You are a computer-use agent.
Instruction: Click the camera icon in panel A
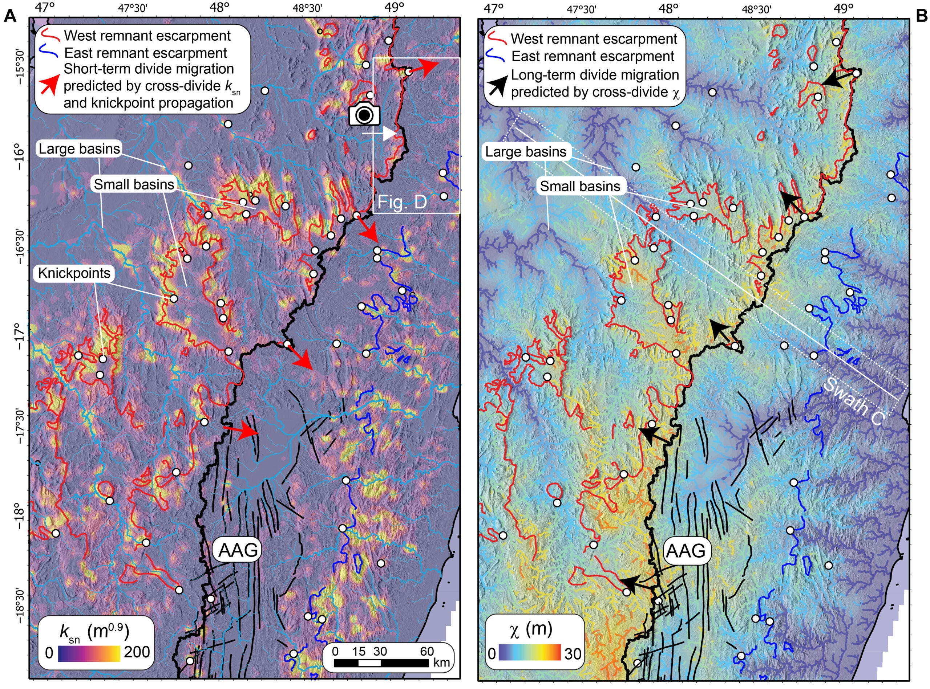(x=364, y=115)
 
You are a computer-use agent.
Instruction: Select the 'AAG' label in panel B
(x=686, y=551)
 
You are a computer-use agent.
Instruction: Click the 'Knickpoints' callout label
(x=74, y=273)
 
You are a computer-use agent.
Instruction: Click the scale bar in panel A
(x=381, y=663)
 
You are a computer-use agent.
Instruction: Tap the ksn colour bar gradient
(x=89, y=653)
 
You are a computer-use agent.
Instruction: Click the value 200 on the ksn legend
(x=137, y=652)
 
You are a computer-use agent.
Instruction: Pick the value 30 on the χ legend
(x=573, y=653)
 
